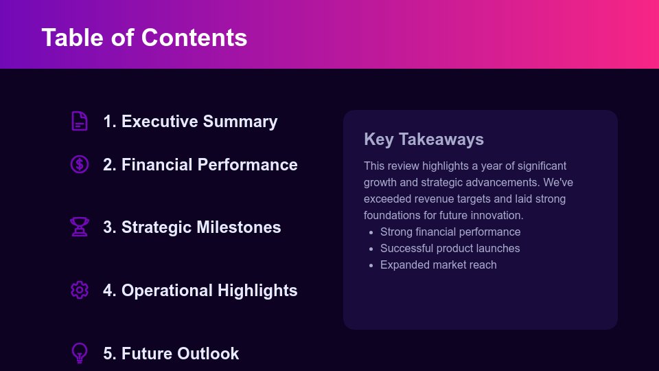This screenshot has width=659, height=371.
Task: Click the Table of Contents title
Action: tap(144, 37)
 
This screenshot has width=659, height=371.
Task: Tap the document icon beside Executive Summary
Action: tap(80, 121)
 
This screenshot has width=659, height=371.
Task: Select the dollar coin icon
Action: tap(80, 164)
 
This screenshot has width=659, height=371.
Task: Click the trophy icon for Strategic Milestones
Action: tap(80, 227)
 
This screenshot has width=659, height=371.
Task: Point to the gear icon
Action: tap(80, 290)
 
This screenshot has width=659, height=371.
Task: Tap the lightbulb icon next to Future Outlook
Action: tap(80, 353)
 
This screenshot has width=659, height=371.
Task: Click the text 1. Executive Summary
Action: tap(190, 122)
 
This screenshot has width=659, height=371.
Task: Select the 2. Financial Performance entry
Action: tap(200, 165)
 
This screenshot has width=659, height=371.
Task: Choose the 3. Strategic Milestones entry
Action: tap(192, 227)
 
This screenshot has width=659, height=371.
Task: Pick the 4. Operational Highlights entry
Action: tap(200, 291)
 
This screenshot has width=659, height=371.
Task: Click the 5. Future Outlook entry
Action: tap(171, 354)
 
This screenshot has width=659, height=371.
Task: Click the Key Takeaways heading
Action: tap(424, 139)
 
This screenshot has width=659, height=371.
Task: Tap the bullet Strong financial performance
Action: tap(450, 232)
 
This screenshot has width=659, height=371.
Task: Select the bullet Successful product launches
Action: tap(450, 249)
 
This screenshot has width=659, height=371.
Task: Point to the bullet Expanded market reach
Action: tap(438, 265)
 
